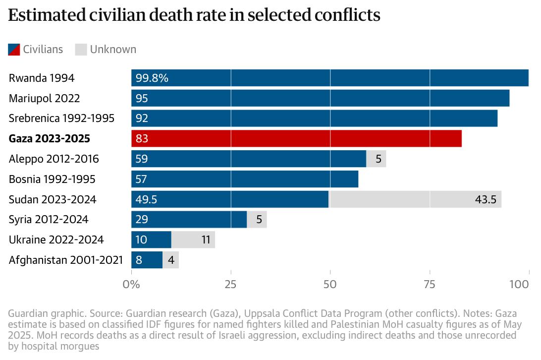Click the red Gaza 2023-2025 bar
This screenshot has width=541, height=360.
296,138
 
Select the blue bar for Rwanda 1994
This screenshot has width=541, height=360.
329,78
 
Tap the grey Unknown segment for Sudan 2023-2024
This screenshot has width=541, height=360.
415,199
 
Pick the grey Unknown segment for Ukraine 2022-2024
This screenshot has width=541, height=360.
193,240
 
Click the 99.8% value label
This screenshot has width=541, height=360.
152,78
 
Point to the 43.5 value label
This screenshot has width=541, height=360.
486,199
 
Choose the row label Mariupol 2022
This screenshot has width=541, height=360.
44,98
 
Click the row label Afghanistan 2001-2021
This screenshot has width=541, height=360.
66,260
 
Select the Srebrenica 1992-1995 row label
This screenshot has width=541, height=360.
61,119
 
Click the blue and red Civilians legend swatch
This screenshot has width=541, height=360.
14,49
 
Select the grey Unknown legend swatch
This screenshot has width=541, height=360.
81,49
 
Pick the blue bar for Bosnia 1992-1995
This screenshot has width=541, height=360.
245,179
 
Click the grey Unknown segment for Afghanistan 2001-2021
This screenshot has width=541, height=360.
170,260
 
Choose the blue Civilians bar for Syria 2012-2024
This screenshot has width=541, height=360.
189,219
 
